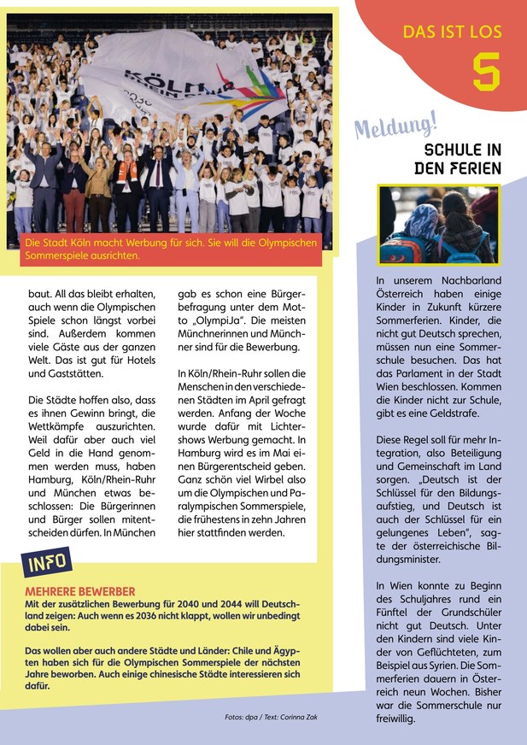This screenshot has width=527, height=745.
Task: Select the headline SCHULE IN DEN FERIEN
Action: coord(457,159)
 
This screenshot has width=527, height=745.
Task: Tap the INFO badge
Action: coord(47,565)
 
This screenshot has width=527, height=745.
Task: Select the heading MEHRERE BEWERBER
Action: coord(80,591)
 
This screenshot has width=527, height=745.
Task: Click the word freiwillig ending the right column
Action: coord(395,719)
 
